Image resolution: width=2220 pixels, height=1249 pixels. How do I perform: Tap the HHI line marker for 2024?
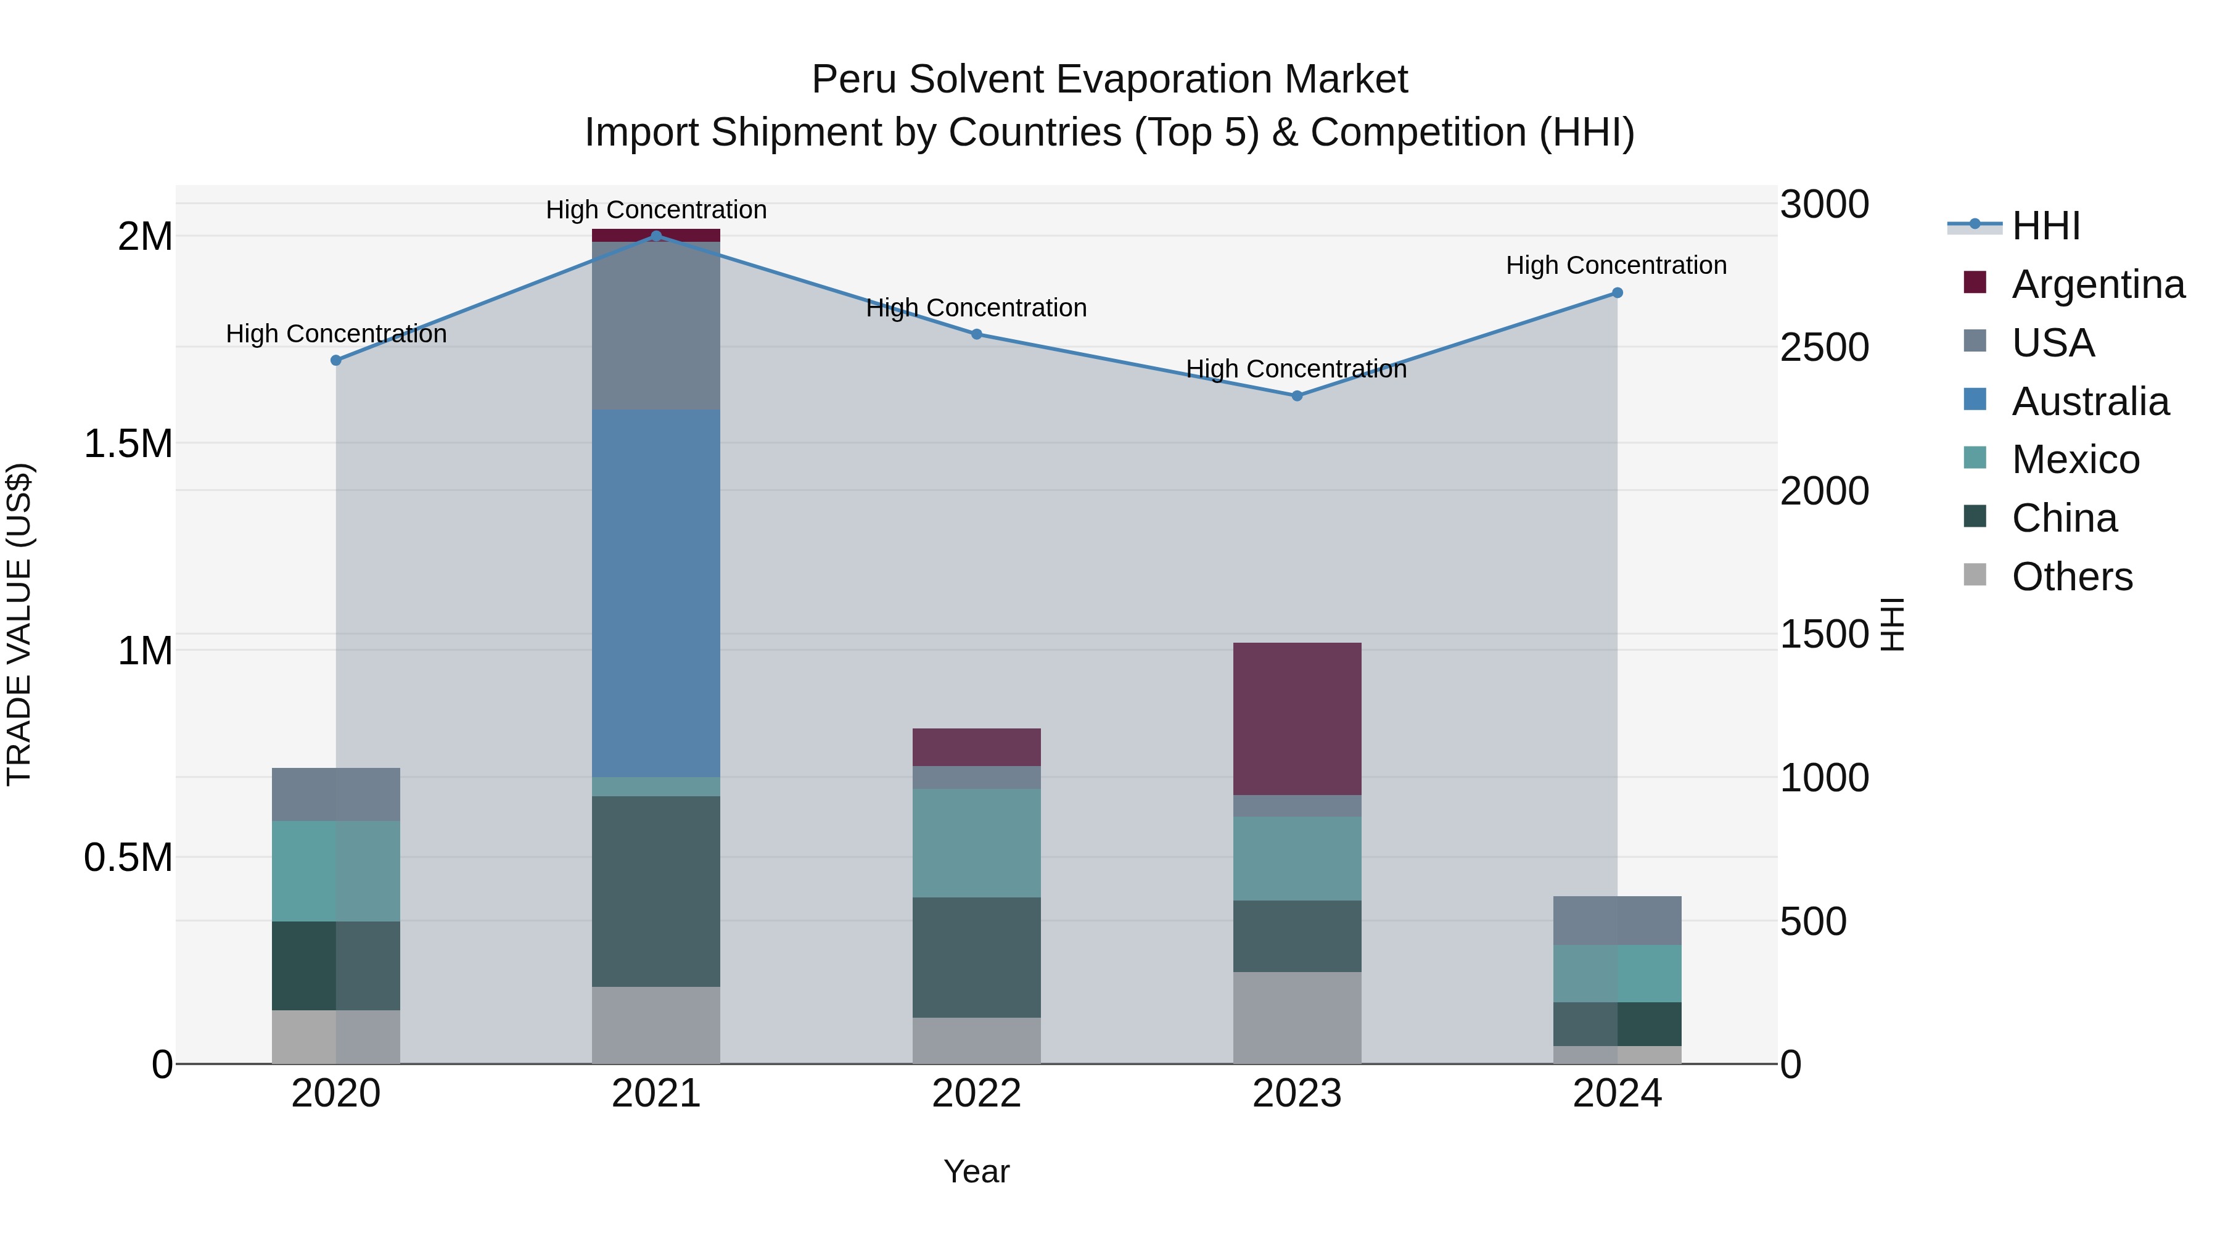1617,293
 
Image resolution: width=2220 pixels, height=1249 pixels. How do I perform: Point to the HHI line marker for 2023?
1297,395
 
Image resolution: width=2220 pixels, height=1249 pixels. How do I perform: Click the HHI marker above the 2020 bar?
336,360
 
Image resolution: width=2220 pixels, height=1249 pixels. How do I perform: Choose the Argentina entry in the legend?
2098,284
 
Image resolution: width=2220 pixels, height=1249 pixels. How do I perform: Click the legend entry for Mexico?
2075,460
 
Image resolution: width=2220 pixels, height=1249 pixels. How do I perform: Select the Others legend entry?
2072,577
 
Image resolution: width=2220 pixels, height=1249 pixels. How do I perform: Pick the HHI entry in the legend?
2045,226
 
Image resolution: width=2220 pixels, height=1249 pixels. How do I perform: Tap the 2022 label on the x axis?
976,1094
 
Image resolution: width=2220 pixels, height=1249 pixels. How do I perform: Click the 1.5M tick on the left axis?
128,444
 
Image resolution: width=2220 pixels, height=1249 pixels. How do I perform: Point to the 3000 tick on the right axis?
1823,205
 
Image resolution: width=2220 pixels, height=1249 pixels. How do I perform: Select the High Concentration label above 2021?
656,210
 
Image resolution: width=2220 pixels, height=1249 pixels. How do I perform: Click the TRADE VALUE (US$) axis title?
19,624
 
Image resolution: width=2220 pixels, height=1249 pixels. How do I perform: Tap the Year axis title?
976,1171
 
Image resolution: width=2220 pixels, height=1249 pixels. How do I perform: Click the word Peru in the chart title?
853,80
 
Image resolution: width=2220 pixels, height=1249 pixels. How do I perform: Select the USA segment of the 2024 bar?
1617,921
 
